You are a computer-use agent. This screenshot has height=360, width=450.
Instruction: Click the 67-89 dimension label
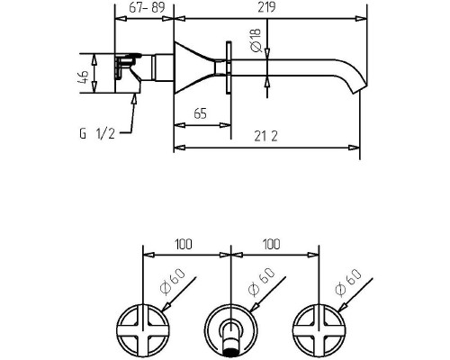coord(147,7)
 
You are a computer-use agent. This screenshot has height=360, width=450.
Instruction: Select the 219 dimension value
coord(266,7)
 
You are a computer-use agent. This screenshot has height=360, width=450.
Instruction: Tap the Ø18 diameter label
coord(256,40)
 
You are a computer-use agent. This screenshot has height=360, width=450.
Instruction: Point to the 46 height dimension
coord(84,77)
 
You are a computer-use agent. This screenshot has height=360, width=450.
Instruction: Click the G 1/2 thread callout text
coord(97,133)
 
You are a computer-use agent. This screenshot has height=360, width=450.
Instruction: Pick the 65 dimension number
coord(201,114)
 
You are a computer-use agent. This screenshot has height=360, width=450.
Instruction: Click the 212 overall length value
coord(265,137)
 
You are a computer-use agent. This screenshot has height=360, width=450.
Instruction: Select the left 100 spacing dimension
coord(184,244)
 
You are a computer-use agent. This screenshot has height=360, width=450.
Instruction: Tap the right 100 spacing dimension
coord(272,244)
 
